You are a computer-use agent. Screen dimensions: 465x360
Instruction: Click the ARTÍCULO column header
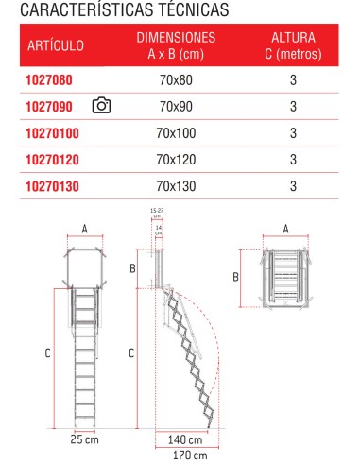click(56, 44)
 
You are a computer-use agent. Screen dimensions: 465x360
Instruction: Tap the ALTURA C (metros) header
click(294, 44)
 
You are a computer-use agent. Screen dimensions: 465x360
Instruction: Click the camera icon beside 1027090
click(103, 106)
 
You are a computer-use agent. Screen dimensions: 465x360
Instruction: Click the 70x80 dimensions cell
click(177, 81)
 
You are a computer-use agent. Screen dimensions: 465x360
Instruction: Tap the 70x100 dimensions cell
click(177, 133)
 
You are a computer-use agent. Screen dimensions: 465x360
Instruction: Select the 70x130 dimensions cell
click(177, 186)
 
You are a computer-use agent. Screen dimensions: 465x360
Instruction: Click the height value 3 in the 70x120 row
click(294, 160)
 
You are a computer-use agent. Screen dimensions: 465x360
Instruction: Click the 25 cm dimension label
click(85, 440)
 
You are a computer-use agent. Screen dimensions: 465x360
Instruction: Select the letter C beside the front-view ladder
click(47, 353)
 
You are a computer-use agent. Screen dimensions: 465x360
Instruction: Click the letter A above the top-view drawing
click(286, 228)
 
